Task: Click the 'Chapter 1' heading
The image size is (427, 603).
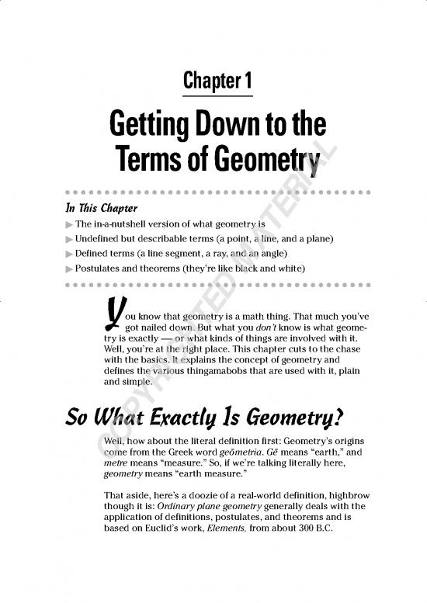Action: tap(217, 80)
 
